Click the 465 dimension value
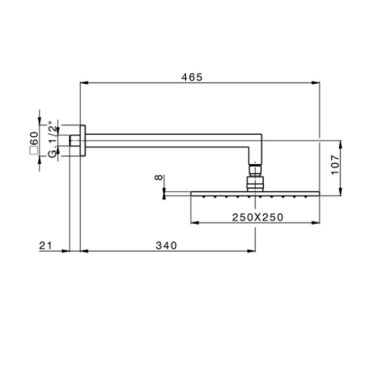pos(192,77)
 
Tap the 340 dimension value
pos(166,246)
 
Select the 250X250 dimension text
pos(258,217)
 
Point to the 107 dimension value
pos(335,165)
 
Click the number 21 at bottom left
pos(46,246)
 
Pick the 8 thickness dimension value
pos(159,177)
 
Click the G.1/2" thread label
pos(53,139)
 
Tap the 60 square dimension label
pos(34,138)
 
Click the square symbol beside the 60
pos(33,150)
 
